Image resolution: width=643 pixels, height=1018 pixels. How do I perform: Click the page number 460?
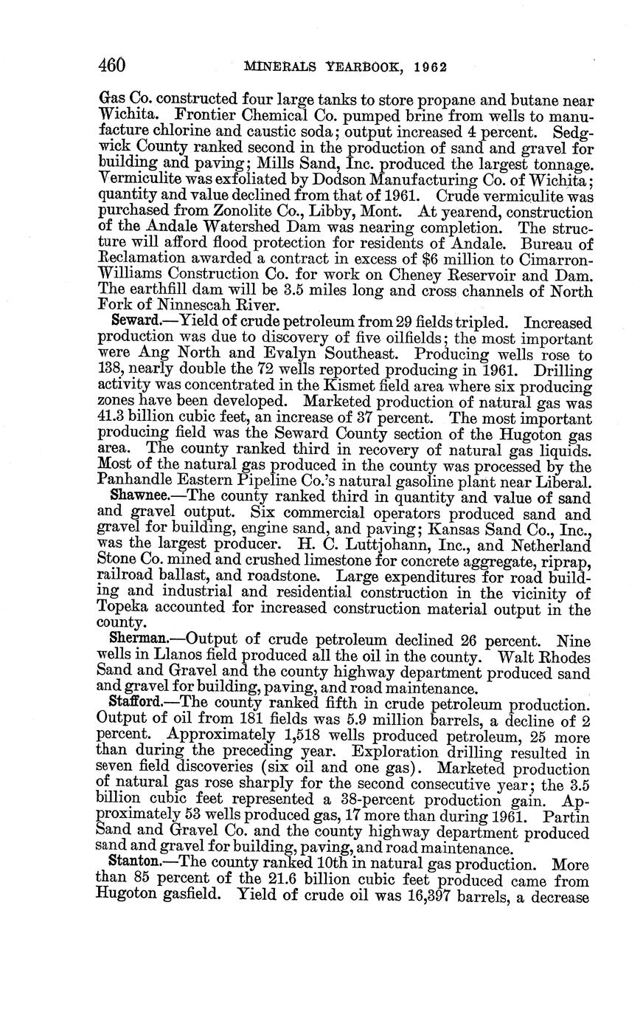click(112, 65)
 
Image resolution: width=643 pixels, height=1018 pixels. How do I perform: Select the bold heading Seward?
click(132, 323)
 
